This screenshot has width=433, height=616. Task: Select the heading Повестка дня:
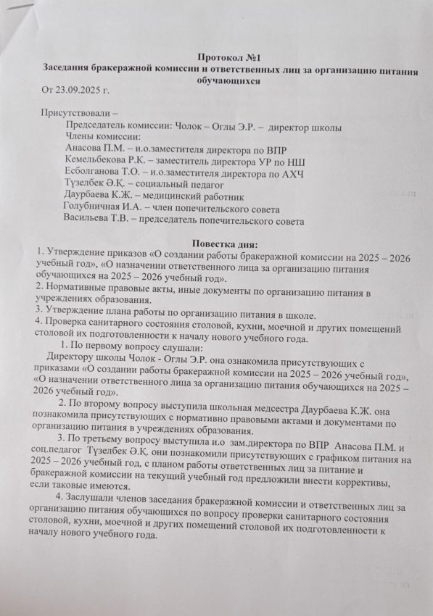point(220,241)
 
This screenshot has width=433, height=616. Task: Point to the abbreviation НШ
point(296,158)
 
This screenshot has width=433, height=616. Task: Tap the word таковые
point(66,484)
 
